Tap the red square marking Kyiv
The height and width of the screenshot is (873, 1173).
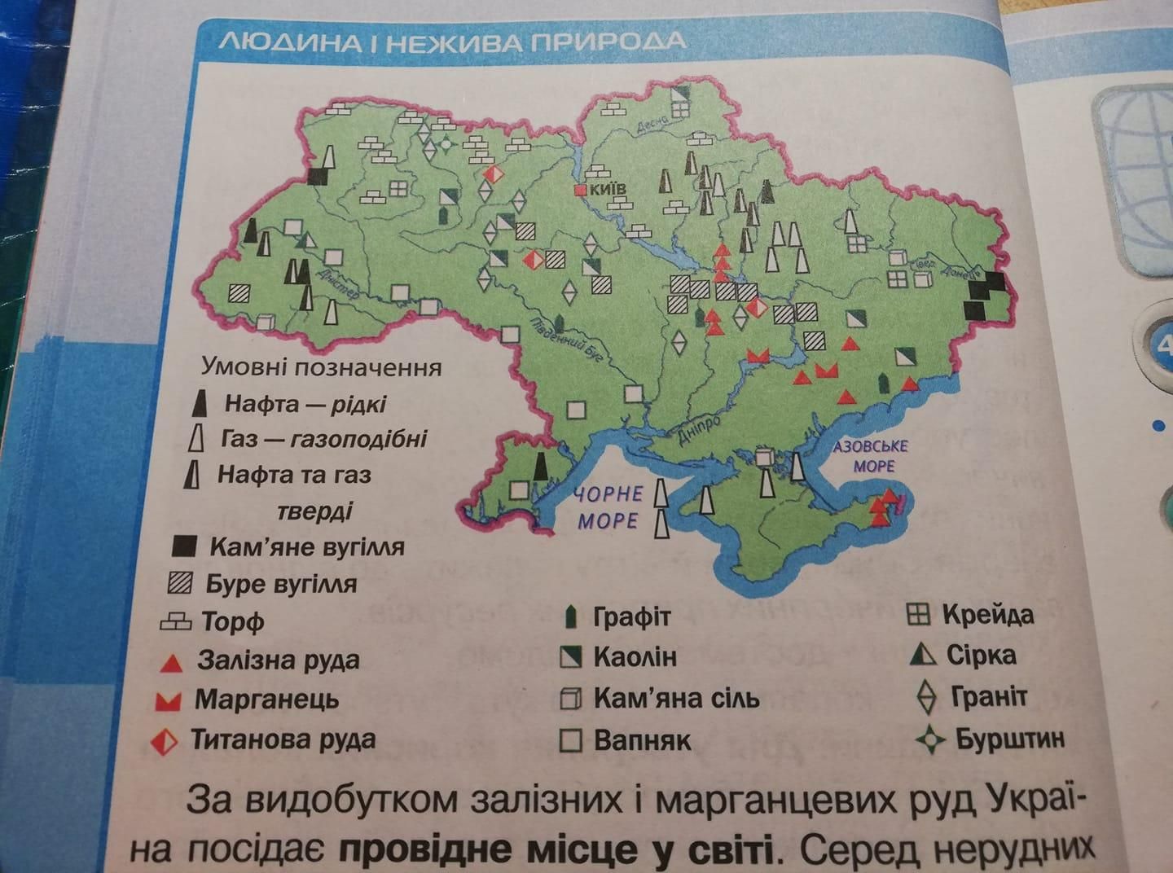coord(581,190)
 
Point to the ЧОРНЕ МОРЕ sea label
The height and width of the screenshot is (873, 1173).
coord(608,507)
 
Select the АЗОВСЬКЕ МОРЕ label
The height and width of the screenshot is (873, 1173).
coord(870,456)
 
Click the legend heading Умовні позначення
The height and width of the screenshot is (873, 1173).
coord(321,367)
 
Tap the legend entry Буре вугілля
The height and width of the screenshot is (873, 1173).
coord(281,584)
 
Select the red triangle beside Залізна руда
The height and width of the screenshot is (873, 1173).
coord(171,663)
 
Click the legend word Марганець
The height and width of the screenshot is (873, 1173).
coord(266,700)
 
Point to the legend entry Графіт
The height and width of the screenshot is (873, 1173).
coord(631,616)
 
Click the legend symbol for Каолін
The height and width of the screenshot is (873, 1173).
coord(572,657)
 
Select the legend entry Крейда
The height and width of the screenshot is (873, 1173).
coord(987,614)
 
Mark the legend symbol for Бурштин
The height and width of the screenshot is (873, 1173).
coord(928,739)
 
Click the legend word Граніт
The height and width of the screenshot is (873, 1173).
coord(989,697)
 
